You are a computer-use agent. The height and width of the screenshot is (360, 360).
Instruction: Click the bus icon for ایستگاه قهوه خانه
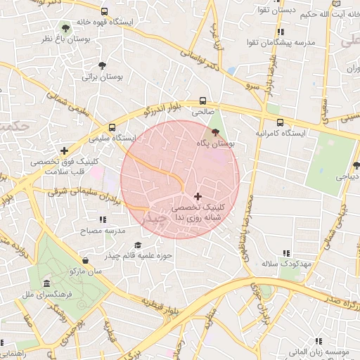click(x=105, y=12)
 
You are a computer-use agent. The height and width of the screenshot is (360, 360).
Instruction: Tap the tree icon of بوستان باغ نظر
click(x=66, y=29)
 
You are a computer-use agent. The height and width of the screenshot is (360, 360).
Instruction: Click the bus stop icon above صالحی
click(x=202, y=101)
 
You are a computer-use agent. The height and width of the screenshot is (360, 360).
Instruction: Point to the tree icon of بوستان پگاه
click(x=215, y=131)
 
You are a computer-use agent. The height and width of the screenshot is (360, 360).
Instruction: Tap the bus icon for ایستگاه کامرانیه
click(x=281, y=121)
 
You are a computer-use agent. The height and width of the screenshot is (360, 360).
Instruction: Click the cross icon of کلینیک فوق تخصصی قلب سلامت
click(x=65, y=150)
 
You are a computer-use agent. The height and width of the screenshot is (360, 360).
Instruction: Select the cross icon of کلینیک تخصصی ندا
click(x=197, y=196)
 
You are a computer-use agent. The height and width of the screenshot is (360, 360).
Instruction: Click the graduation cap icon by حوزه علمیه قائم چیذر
click(x=138, y=245)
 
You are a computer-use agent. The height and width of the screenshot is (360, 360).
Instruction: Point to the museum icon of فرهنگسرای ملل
click(x=46, y=283)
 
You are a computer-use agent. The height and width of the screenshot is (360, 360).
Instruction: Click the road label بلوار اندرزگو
click(x=164, y=104)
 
